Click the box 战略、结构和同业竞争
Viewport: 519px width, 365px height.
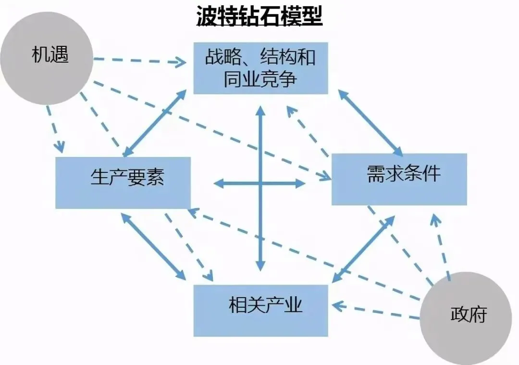[x=260, y=68]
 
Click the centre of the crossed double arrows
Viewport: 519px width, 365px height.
[x=260, y=183]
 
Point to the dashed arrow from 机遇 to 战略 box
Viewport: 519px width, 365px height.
[x=139, y=61]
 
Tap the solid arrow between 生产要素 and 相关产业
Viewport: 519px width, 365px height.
[x=153, y=247]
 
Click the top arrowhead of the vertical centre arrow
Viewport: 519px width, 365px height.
[x=260, y=112]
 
